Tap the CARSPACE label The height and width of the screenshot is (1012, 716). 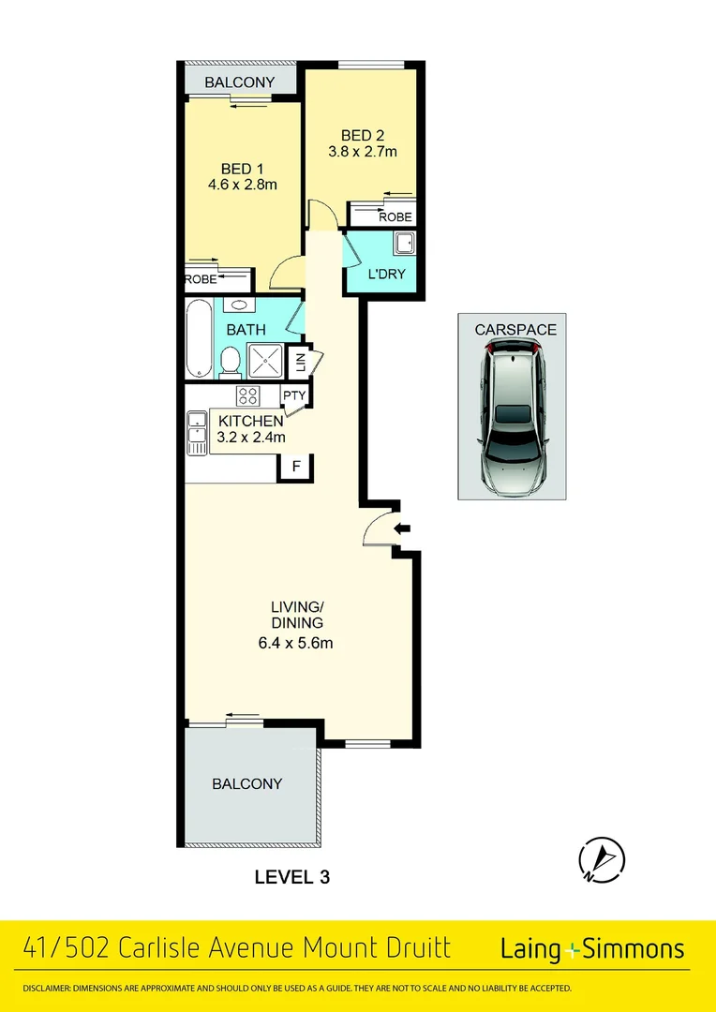click(x=515, y=330)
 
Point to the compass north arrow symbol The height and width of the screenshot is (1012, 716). click(x=601, y=859)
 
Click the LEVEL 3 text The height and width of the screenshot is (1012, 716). click(x=292, y=877)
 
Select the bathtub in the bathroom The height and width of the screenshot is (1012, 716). click(x=200, y=337)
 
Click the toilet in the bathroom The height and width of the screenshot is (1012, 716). click(x=229, y=362)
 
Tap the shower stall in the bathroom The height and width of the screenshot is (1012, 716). click(x=264, y=360)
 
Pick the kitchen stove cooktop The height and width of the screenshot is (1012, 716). click(x=247, y=396)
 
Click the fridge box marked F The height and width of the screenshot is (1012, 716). click(x=295, y=467)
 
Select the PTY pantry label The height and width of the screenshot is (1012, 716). click(x=294, y=395)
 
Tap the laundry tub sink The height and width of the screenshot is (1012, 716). click(x=404, y=245)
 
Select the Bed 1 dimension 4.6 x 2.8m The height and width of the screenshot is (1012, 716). click(x=243, y=185)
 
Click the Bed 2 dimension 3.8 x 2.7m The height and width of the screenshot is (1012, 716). click(x=363, y=152)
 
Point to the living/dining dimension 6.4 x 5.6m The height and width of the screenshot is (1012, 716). click(x=296, y=643)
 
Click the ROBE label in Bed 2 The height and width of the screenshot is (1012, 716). click(x=395, y=216)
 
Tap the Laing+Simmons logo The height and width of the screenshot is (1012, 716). click(x=592, y=948)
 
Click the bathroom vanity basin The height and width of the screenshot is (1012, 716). click(x=238, y=305)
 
